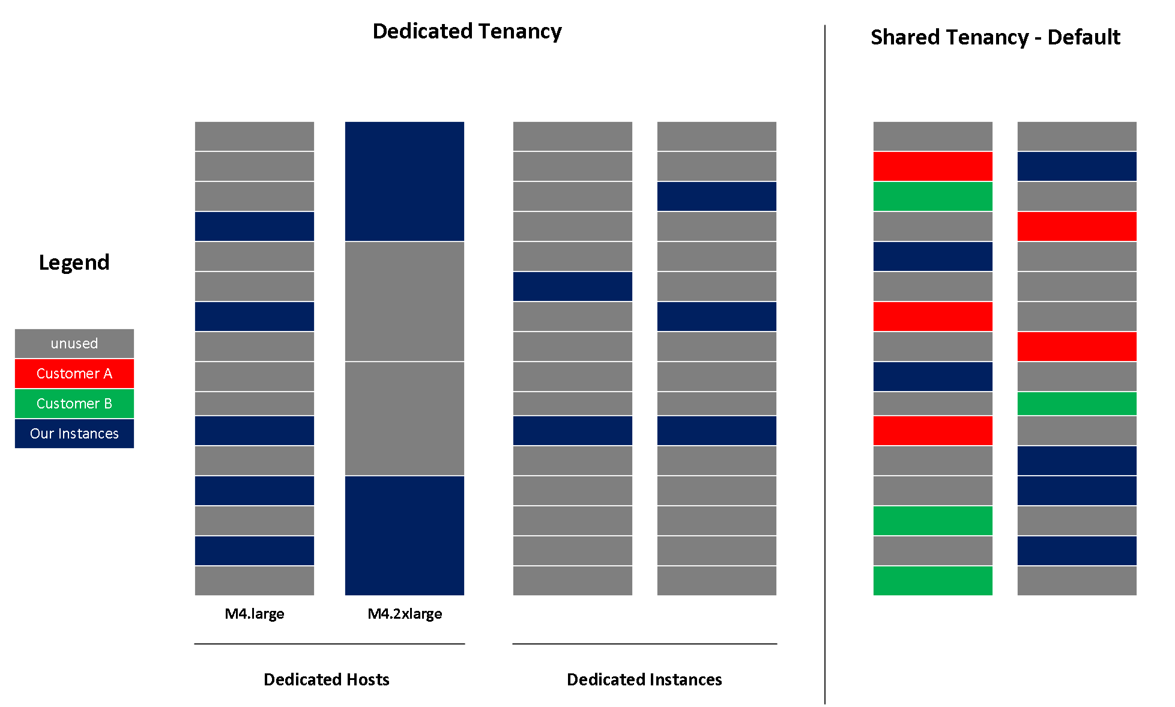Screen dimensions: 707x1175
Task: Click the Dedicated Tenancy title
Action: (467, 31)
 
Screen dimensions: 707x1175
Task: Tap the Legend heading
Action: (74, 262)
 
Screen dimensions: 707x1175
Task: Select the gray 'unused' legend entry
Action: (74, 344)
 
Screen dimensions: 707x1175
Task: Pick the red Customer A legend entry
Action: (74, 374)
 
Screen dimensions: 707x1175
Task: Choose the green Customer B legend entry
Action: (74, 404)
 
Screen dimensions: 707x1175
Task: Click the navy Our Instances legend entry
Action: (74, 434)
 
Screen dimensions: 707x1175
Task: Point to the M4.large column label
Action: (254, 614)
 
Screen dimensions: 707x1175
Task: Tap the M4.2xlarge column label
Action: (405, 614)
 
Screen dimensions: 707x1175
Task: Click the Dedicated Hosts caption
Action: (326, 679)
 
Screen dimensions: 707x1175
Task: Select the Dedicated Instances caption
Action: (644, 679)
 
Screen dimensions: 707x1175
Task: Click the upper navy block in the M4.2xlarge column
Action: (404, 181)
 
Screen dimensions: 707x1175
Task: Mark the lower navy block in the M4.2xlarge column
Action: (404, 535)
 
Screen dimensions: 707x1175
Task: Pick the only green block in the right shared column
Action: (1077, 404)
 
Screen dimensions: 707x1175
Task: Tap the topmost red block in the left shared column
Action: (932, 166)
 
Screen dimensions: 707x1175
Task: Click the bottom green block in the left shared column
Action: (932, 581)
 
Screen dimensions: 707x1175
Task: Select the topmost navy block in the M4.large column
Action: (254, 226)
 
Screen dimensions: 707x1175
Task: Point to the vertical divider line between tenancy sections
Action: (825, 360)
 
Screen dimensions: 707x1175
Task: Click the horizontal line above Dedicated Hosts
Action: (329, 644)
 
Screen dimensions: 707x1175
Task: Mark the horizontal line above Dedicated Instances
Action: (644, 644)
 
